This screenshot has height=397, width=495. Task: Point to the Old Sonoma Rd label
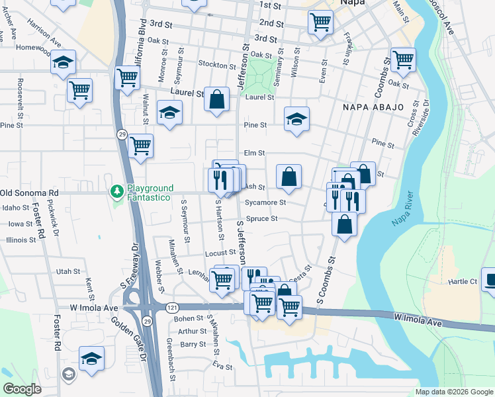coord(29,193)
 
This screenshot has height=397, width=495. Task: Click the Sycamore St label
coord(265,202)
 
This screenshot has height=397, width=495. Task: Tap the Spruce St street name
coord(261,219)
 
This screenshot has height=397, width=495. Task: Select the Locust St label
coord(220,253)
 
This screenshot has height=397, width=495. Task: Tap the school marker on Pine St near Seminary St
coord(297,119)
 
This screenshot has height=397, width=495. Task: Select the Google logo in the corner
coord(22,389)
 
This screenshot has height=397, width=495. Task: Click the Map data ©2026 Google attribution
coord(454,392)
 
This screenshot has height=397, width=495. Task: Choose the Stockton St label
coord(219,66)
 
